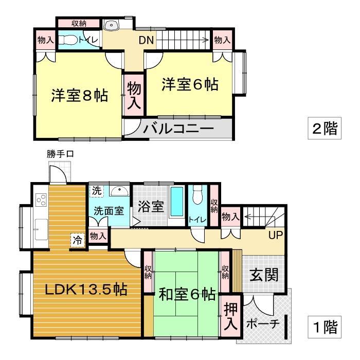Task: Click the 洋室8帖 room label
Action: coord(79,96)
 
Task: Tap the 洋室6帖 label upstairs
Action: coord(189,84)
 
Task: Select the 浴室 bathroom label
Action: coord(151,207)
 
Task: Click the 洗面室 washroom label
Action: coord(108,210)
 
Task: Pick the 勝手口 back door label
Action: coord(57,154)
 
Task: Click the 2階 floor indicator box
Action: coord(324,128)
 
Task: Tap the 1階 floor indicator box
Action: coord(324,327)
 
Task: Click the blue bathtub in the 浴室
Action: coord(177,203)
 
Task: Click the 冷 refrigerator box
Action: coord(77,239)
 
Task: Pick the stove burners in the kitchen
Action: coord(41,200)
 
